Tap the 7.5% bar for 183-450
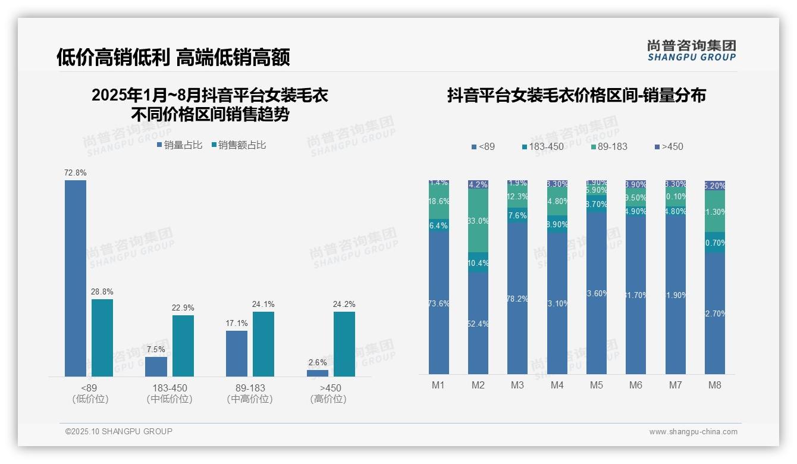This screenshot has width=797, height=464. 156,366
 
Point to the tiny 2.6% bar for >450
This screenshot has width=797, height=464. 318,373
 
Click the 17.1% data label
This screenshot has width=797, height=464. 237,323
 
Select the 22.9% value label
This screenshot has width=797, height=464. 183,308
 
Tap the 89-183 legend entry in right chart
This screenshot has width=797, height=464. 609,146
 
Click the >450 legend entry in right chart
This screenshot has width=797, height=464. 669,146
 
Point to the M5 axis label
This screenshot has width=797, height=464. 596,385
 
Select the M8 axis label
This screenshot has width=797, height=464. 714,385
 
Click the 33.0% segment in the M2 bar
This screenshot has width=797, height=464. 478,221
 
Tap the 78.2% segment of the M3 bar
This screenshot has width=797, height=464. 517,299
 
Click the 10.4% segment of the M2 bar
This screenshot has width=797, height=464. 478,263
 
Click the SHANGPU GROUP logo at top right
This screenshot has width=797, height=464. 691,51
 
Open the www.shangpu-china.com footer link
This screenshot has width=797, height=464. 693,432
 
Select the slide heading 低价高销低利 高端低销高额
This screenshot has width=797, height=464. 173,57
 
